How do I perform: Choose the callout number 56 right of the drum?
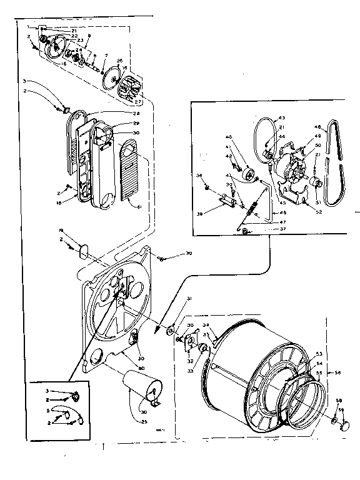click(339, 372)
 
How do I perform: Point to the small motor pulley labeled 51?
click(316, 183)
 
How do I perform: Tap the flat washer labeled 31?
click(170, 328)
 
